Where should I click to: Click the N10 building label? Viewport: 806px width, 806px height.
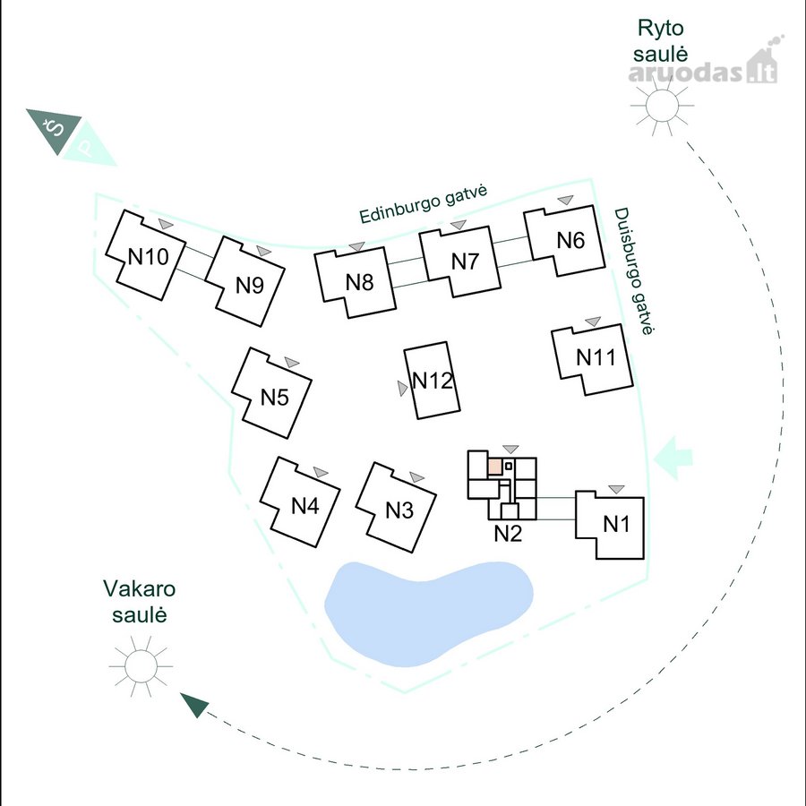148,256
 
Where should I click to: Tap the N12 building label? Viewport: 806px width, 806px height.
433,381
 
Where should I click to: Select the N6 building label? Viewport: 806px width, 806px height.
570,240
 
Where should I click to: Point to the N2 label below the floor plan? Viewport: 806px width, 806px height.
508,534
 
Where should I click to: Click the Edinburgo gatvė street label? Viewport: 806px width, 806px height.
423,204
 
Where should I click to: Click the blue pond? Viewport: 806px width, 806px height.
429,613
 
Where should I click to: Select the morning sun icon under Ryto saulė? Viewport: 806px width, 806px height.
661,106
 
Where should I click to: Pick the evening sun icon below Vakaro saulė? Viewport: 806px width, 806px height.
141,665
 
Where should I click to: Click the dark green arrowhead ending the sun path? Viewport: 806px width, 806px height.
194,703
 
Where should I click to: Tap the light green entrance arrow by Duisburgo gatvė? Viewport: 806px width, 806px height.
673,458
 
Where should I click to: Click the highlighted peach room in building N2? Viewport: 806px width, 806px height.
494,467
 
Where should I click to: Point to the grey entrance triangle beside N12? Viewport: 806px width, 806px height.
402,388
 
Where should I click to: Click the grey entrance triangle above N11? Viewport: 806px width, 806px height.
593,322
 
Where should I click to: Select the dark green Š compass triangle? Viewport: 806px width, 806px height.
54,130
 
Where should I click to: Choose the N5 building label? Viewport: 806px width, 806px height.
275,398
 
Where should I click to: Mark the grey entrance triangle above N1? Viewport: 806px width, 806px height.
616,489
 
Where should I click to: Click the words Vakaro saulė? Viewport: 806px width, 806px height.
140,602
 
